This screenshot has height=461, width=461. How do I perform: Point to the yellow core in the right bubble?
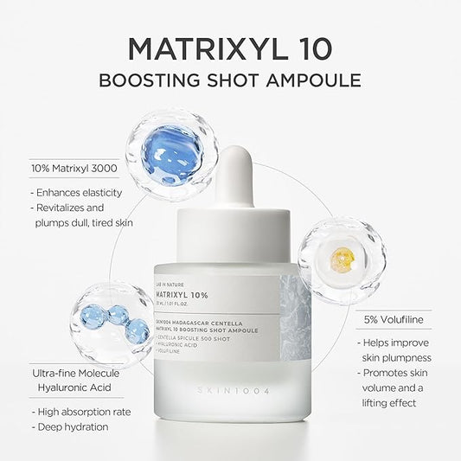coord(343,257)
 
